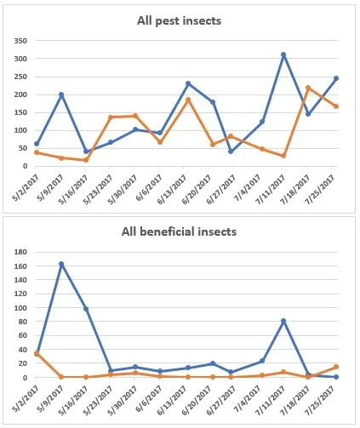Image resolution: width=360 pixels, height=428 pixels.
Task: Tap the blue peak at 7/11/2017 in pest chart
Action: (x=283, y=54)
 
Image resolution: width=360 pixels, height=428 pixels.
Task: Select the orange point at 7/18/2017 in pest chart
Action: (x=308, y=88)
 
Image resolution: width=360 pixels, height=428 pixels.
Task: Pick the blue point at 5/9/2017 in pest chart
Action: (x=61, y=94)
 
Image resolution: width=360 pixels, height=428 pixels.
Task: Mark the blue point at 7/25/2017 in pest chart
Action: (x=336, y=78)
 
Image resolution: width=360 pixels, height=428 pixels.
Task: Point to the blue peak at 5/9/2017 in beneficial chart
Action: (x=61, y=264)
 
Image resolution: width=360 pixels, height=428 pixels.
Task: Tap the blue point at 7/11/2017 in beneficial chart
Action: (x=283, y=321)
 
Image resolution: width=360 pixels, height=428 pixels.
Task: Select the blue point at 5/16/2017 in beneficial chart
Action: (x=86, y=309)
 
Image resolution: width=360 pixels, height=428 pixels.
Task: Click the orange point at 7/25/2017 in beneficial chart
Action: (x=336, y=367)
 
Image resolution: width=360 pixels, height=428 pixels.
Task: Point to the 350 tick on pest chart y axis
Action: (x=21, y=40)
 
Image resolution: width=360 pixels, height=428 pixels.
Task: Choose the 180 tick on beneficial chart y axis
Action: (x=21, y=252)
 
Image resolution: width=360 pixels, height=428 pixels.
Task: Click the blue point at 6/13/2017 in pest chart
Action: (x=188, y=83)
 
